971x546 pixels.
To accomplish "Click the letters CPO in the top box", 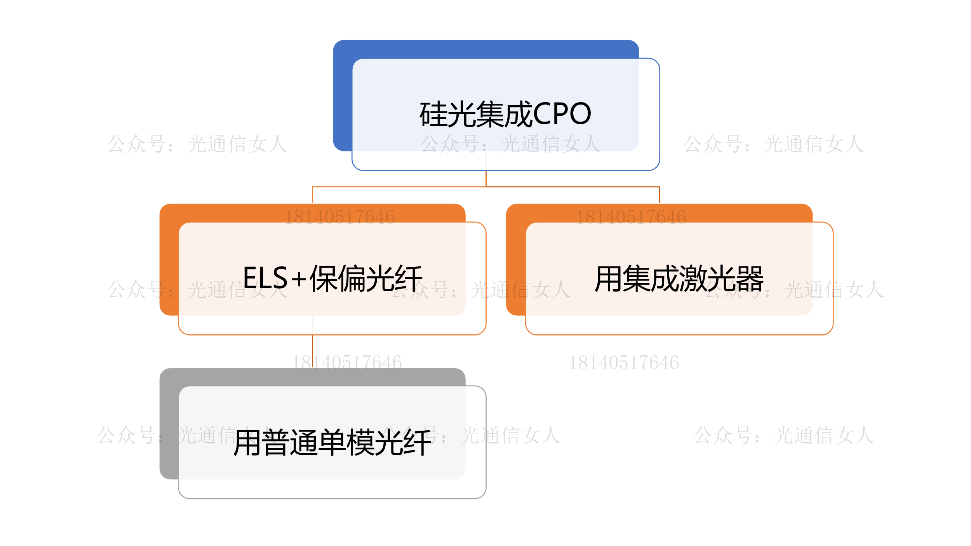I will (x=562, y=114).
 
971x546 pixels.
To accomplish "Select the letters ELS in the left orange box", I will (x=265, y=278).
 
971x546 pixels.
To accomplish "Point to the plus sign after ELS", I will (x=299, y=279).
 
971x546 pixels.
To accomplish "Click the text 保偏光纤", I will (x=366, y=278).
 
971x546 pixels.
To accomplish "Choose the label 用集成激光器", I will (x=679, y=278).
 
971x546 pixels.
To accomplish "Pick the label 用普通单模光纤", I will (x=332, y=442).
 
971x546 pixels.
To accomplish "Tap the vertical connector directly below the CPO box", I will (x=486, y=178).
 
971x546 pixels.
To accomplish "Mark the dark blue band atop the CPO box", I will (x=486, y=49).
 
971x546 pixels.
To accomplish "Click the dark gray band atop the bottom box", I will (x=312, y=377).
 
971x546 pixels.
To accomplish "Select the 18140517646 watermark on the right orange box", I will (x=631, y=217).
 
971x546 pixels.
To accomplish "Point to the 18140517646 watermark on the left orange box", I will (x=339, y=217).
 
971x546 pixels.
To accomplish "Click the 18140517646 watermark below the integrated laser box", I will (x=624, y=363).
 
